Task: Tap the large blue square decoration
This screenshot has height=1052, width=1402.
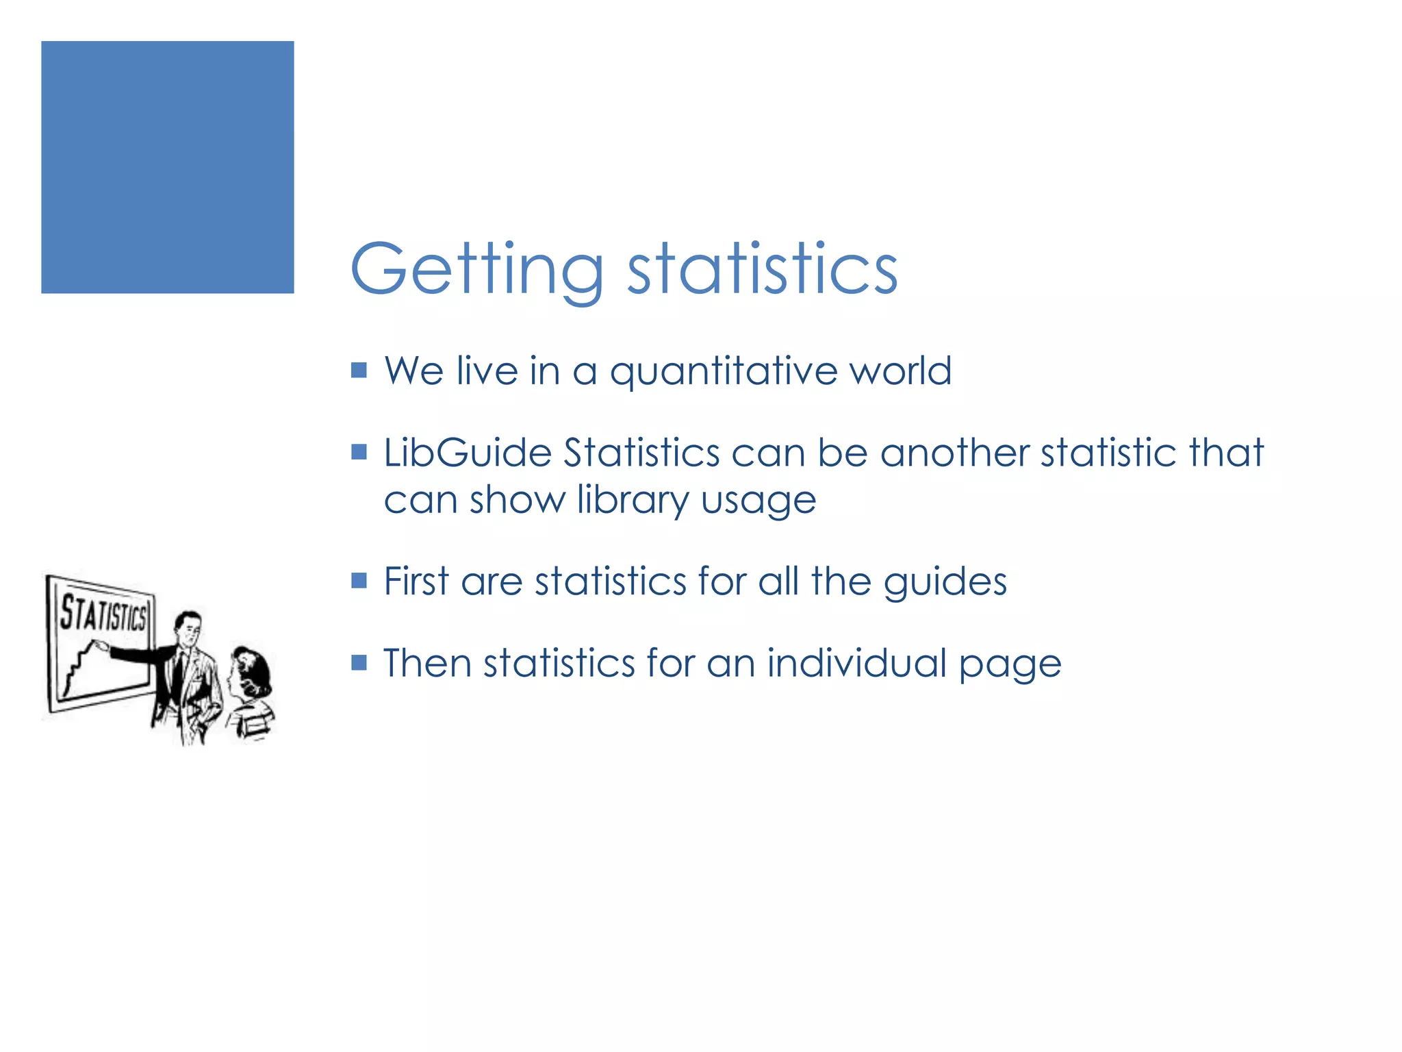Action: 168,167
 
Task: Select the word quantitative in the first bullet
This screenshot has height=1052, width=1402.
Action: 723,372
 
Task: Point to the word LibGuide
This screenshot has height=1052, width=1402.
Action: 467,453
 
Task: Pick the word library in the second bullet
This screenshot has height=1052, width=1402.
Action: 633,501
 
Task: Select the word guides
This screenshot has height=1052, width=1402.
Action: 945,583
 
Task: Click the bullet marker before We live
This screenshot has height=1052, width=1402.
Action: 359,371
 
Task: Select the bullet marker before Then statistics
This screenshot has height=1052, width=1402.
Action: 359,662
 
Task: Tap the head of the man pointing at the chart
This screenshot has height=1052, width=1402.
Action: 188,626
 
